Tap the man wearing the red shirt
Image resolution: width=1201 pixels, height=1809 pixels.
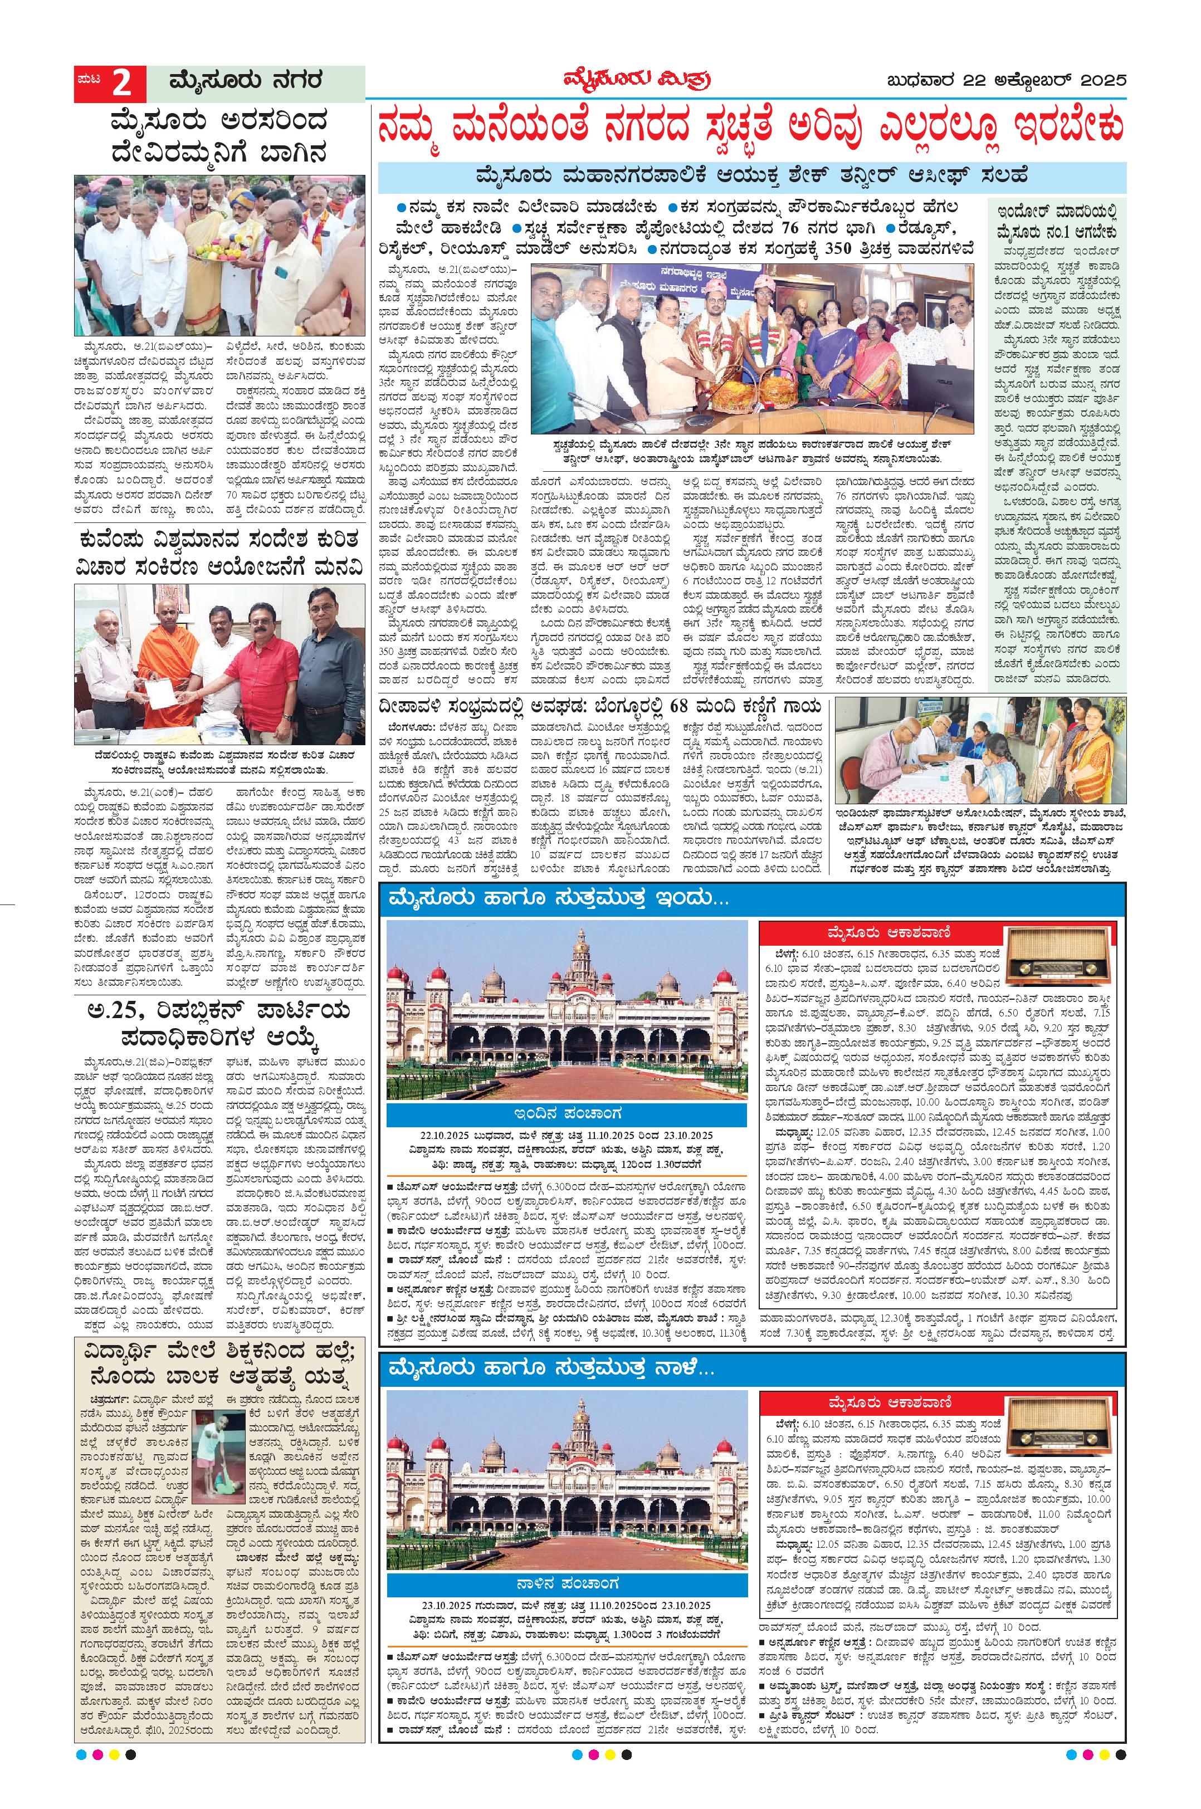267,666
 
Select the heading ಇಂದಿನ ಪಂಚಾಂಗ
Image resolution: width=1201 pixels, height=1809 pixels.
567,1112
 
